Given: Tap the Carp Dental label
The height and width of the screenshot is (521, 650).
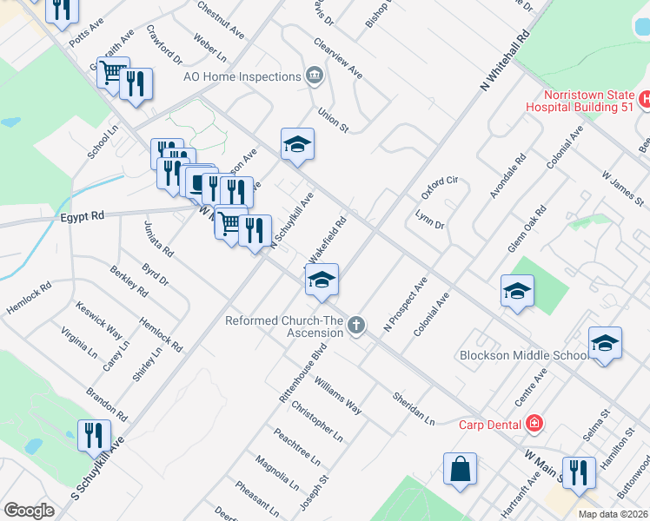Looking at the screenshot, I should click(491, 425).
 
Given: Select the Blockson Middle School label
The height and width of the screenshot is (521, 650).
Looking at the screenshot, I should click(524, 356).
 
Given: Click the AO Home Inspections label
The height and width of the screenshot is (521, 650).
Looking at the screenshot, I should click(242, 76).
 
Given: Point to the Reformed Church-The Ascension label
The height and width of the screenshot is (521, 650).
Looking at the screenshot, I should click(283, 326).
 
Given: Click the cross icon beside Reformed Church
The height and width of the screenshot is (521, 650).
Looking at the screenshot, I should click(355, 326).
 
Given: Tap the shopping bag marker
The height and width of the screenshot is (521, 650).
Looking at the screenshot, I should click(460, 469).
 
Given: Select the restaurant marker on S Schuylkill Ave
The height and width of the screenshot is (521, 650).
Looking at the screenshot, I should click(95, 435).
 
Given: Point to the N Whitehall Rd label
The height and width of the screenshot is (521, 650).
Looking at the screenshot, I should click(505, 62).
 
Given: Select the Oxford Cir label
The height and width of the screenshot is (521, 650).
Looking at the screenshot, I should click(439, 187).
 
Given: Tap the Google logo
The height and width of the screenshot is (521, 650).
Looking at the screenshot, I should click(29, 511).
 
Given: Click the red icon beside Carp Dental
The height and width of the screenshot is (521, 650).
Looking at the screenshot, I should click(535, 424).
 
